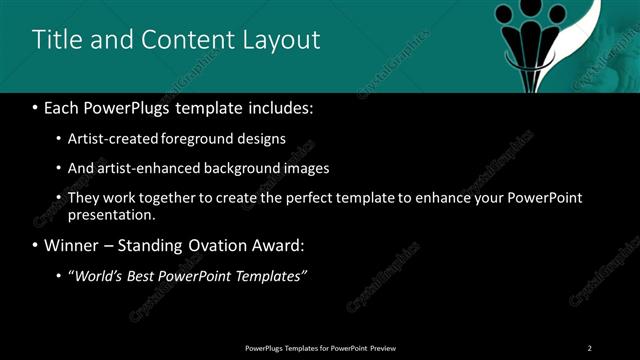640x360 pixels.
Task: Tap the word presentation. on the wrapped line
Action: coord(112,214)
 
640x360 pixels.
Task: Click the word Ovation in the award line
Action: coord(213,246)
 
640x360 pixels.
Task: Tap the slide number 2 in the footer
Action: coord(590,347)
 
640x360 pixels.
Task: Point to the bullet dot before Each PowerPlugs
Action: coord(35,107)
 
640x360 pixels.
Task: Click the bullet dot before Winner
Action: coord(35,246)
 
